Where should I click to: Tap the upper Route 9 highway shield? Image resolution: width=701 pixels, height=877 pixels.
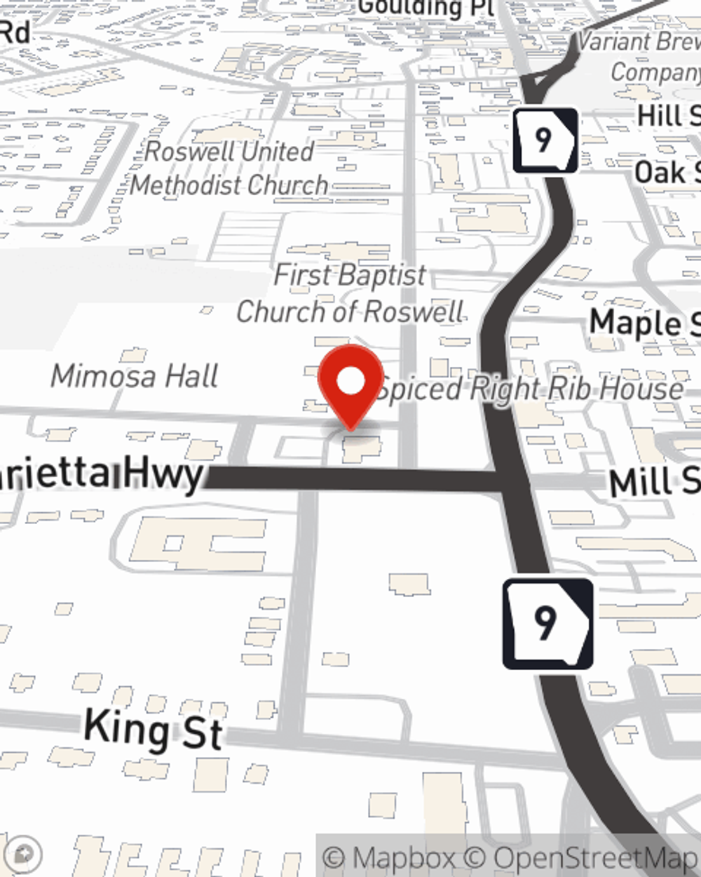pos(545,140)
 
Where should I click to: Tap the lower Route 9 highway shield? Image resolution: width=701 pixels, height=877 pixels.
pos(547,623)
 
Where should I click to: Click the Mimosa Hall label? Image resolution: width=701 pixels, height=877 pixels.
pos(135,377)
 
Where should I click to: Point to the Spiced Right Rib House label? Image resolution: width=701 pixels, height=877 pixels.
pos(531,388)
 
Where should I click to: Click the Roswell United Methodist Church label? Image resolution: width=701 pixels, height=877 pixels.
pos(229,168)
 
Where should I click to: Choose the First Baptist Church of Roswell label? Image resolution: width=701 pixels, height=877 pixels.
pos(350,293)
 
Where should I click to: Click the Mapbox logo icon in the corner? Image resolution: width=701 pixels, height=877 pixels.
pos(22,854)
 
